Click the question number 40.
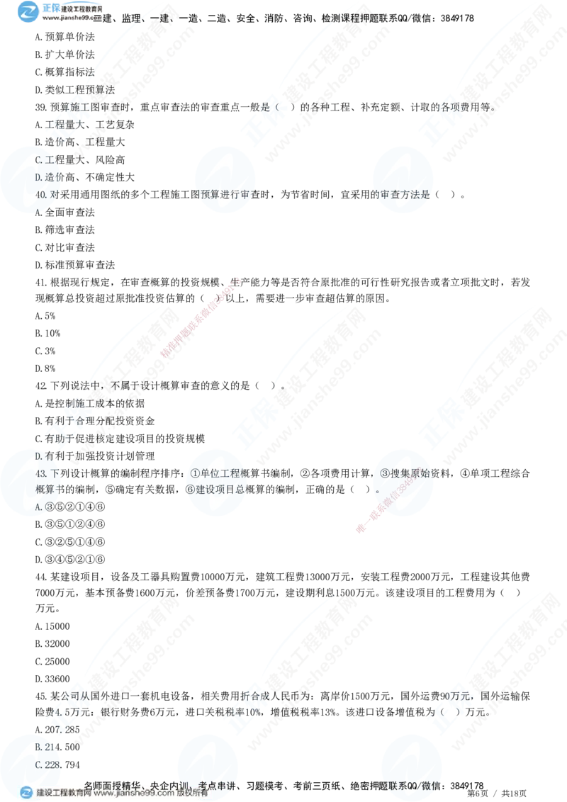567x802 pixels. pyautogui.click(x=40, y=193)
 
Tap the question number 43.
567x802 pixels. pyautogui.click(x=40, y=473)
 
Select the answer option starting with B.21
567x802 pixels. pyautogui.click(x=50, y=747)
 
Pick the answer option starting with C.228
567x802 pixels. pyautogui.click(x=50, y=764)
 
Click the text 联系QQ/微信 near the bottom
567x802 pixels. pyautogui.click(x=415, y=785)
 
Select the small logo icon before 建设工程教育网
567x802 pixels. pyautogui.click(x=26, y=793)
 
